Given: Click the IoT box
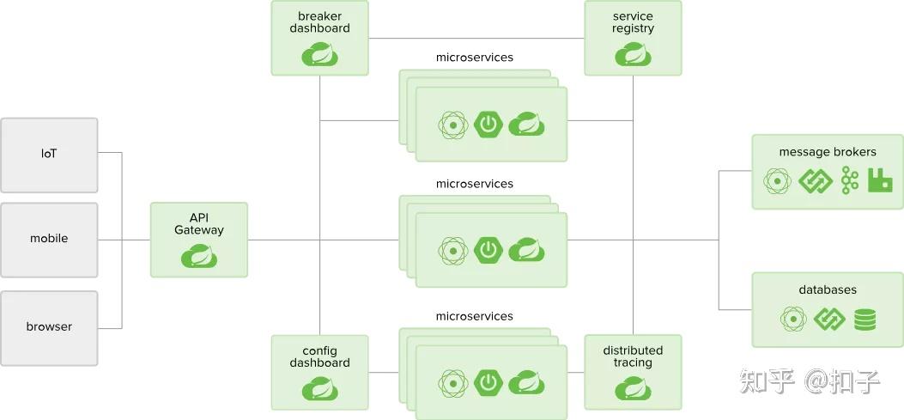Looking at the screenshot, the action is coord(49,155).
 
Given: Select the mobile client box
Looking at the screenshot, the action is coord(49,240).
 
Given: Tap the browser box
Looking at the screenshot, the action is coord(49,328).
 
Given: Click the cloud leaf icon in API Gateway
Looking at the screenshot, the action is coord(199,256).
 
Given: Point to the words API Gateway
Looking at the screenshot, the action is coord(199,224).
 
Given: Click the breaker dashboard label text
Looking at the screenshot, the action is coord(320,22).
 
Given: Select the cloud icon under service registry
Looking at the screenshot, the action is coord(633,54).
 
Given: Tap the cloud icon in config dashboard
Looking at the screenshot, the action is coord(320,389).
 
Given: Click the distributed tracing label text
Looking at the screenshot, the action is coord(633,356).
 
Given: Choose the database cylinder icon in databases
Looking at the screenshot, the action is coord(865,319).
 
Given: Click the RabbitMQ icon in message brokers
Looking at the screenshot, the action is coord(880,181).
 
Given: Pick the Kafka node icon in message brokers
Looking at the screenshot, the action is coord(849,180).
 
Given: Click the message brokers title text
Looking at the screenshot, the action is coord(828,152).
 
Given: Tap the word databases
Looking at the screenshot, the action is coord(828,289).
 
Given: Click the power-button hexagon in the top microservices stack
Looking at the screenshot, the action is coord(488,125).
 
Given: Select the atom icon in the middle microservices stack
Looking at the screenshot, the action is coord(452,251).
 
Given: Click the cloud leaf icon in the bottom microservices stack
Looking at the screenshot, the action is coord(526,382).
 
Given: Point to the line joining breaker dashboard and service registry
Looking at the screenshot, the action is coord(476,39).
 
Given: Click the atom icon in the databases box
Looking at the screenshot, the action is coord(794,319).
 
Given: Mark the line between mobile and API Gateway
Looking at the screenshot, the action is coord(124,240).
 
